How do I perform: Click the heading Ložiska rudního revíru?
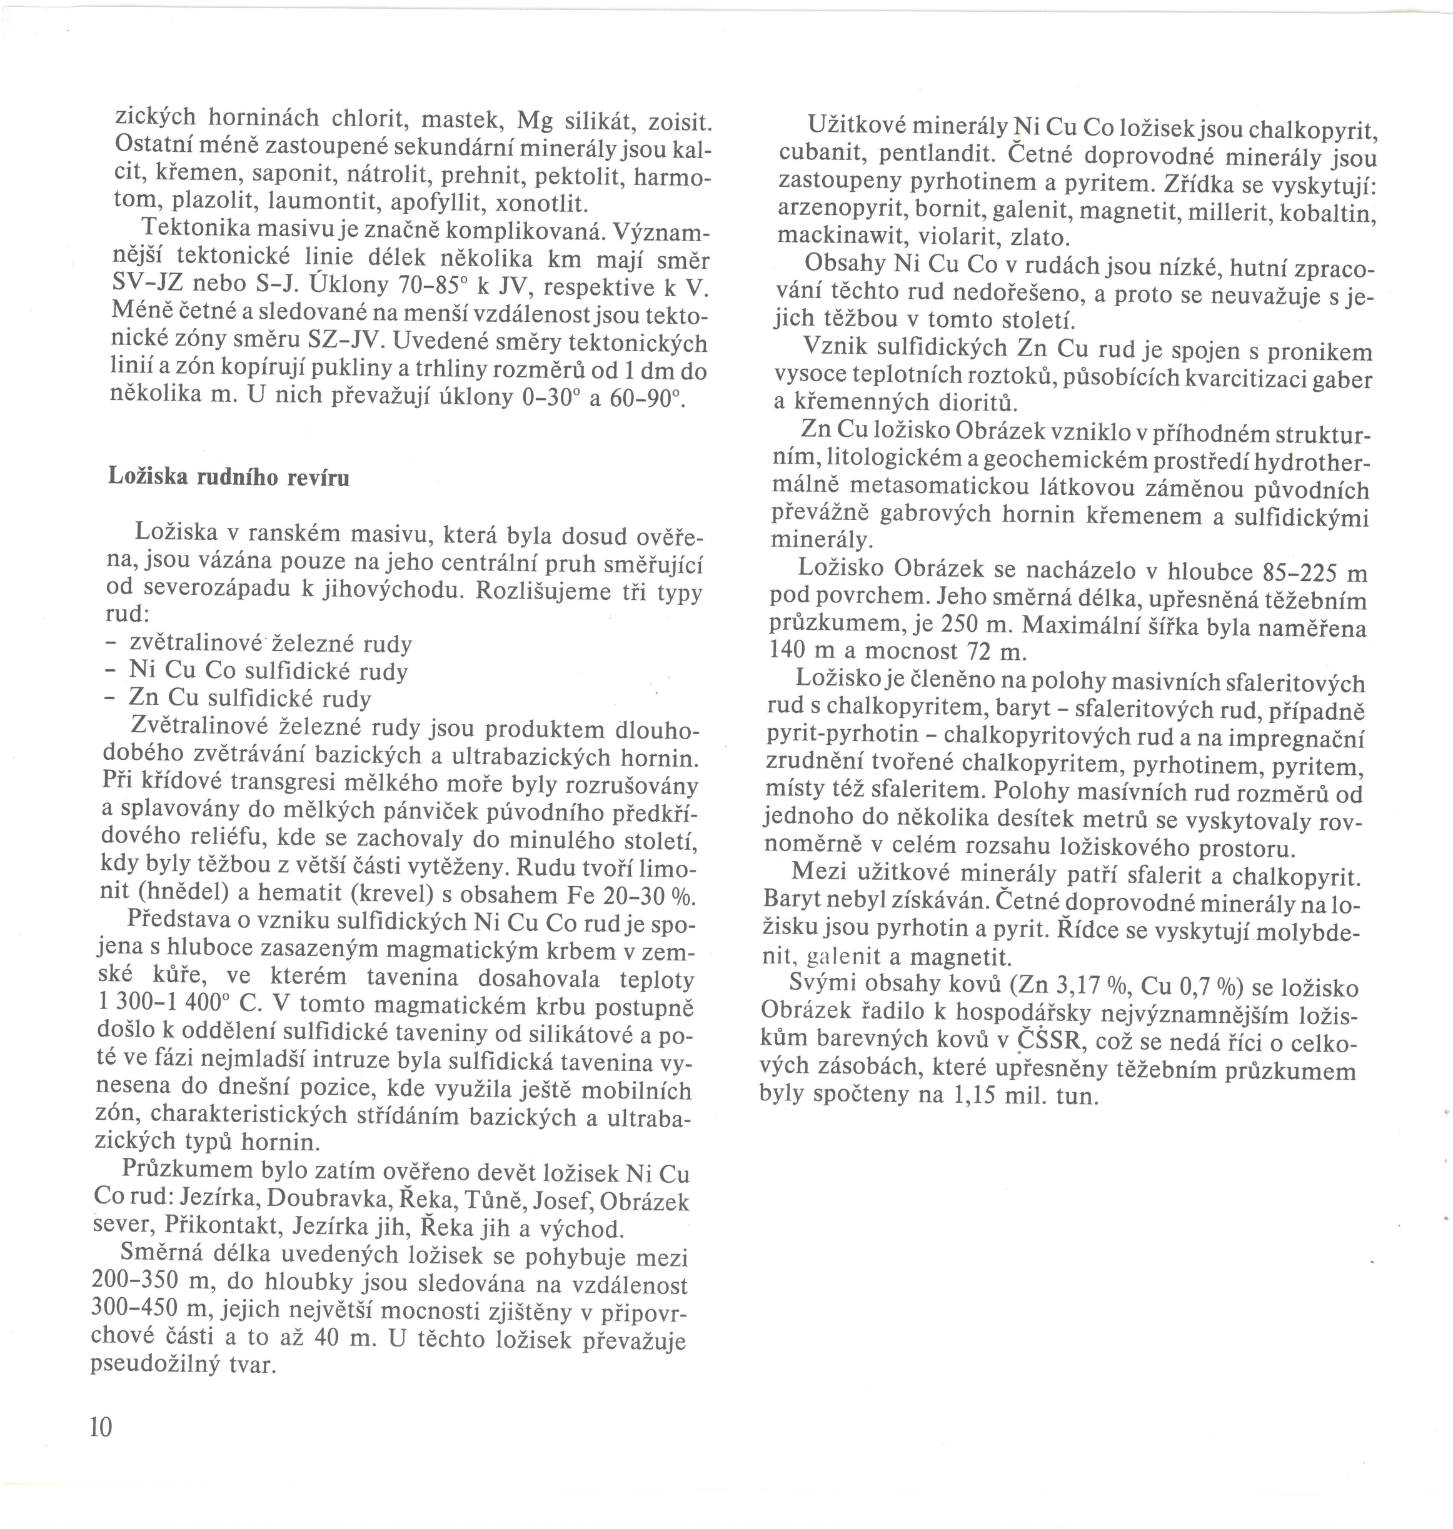click(x=228, y=477)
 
